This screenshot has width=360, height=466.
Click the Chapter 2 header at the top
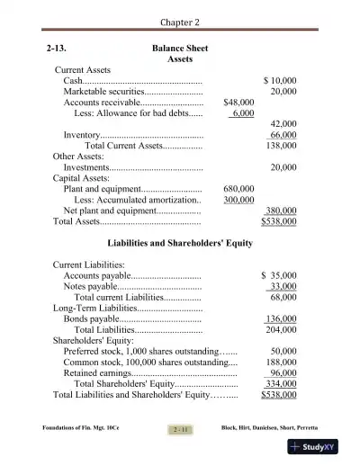180,21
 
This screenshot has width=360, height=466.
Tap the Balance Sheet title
180,45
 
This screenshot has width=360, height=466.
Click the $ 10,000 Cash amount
280,80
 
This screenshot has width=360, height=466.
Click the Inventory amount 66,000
283,134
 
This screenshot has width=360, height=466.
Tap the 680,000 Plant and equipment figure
238,189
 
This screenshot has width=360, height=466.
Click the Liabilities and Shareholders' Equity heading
180,244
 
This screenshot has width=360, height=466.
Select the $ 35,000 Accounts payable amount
279,275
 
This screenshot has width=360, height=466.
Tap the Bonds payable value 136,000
282,318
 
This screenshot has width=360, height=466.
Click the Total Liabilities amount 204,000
283,329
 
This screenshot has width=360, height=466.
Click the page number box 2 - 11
179,430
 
